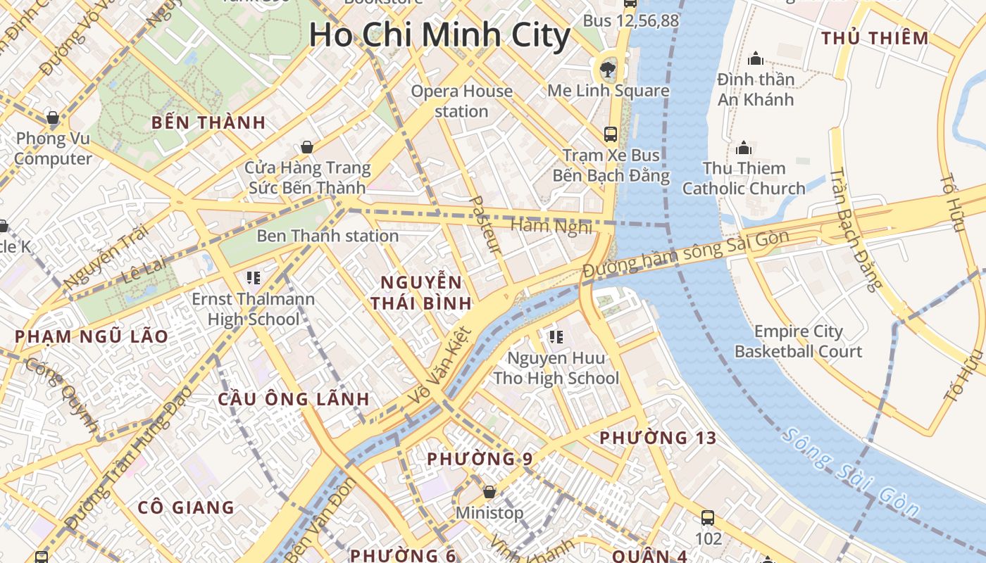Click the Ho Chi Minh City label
[439, 35]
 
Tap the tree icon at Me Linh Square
[606, 69]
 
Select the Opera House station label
[461, 101]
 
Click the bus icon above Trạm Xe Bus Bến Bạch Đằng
[611, 134]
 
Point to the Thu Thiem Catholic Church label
[744, 178]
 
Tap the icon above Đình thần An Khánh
[756, 58]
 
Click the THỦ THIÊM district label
[875, 39]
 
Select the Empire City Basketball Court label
[798, 341]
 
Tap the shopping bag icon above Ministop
[489, 491]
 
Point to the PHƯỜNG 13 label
[658, 438]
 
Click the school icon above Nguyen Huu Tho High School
[556, 337]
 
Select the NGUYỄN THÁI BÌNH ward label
[421, 293]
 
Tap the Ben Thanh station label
[327, 236]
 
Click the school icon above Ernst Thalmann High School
[254, 278]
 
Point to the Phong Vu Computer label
[53, 148]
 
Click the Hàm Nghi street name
[551, 226]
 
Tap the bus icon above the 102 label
[708, 518]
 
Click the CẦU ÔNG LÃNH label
[294, 399]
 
